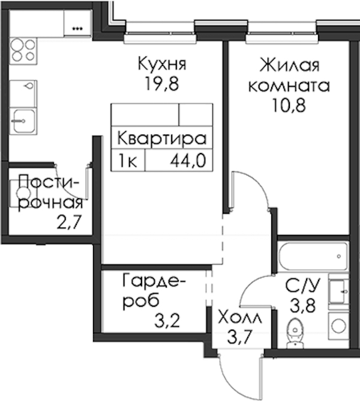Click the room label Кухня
click(163, 64)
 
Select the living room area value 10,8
click(289, 105)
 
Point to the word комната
click(289, 86)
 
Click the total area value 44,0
click(188, 161)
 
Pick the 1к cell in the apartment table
click(128, 161)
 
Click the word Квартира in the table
click(161, 139)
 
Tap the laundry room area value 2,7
click(69, 222)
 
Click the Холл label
click(241, 318)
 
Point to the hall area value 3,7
click(240, 337)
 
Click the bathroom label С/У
click(303, 286)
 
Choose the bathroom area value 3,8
click(302, 306)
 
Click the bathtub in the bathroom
click(313, 256)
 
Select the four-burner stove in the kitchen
click(23, 50)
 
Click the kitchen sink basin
click(23, 121)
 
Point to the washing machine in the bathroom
click(338, 326)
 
